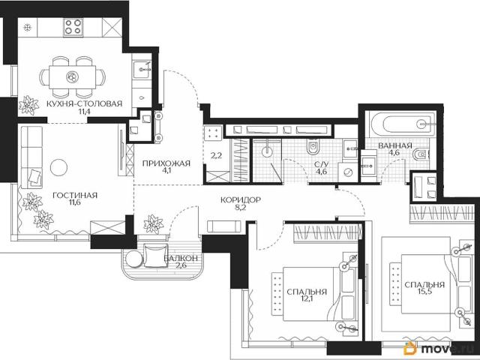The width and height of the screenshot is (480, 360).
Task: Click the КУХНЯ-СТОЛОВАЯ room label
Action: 84,103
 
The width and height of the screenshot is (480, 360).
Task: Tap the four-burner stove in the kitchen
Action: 73,26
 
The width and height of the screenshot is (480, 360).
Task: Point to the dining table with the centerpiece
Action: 73,77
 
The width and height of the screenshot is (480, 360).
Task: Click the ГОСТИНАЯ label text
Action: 75,195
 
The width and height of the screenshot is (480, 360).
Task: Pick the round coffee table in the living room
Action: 58,167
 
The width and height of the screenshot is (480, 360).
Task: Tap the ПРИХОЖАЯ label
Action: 166,163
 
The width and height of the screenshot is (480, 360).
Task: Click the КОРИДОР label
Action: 241,200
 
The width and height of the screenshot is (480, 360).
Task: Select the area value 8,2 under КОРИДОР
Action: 241,208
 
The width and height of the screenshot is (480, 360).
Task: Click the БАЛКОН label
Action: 181,258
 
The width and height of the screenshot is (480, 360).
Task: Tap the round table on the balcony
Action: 133,259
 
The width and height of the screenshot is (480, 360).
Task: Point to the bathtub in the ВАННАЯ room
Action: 402,124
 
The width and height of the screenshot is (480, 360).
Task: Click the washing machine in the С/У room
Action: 347,172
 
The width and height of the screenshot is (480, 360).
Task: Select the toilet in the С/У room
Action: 313,147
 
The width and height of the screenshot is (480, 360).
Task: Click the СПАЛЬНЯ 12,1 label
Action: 307,295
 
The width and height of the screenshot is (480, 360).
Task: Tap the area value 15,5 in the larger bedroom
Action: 424,292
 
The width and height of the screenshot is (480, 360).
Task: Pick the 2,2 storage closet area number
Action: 216,156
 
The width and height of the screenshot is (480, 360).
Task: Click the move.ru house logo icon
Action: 410,348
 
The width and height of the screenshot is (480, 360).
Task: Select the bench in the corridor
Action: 222,226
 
